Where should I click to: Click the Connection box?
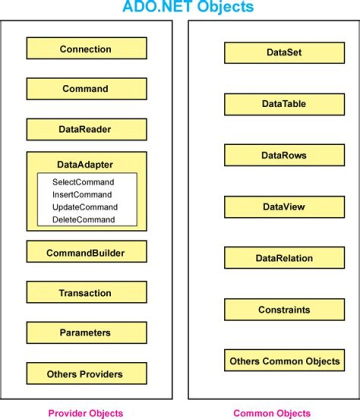86,48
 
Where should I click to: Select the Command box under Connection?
86,88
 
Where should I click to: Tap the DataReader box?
86,129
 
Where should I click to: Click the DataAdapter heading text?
85,164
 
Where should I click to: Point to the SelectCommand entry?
83,182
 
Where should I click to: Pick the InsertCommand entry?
82,194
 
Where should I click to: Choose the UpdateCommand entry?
85,207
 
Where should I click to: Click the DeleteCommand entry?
83,219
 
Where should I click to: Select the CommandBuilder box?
86,251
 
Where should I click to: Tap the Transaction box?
86,292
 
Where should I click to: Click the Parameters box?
86,332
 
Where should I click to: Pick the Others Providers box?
86,373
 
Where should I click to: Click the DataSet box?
284,52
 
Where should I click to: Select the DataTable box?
284,104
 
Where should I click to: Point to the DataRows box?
284,155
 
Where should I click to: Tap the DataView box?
284,207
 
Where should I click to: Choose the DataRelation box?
284,257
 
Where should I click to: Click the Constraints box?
284,309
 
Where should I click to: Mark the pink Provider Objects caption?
85,413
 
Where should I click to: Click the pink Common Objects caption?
272,413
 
